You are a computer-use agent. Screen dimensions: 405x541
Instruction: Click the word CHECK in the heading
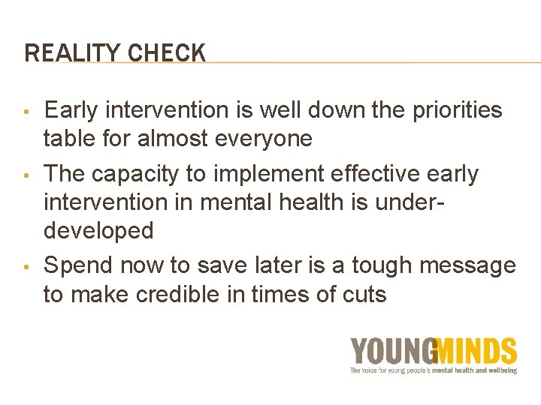click(167, 53)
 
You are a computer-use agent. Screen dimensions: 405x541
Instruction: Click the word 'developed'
click(98, 231)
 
